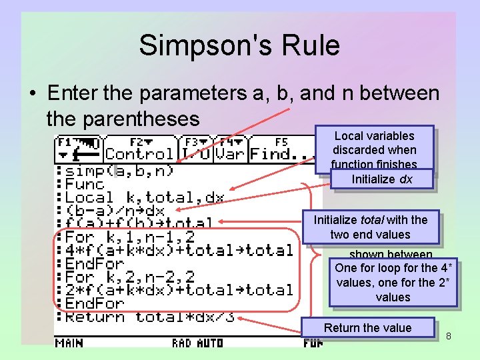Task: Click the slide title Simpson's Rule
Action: [x=239, y=45]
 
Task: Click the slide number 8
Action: [x=449, y=336]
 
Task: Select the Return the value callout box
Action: [x=368, y=327]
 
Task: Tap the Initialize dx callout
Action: [x=383, y=179]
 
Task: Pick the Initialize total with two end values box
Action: [x=371, y=227]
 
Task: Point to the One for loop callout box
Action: [x=393, y=283]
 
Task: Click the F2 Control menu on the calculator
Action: [x=139, y=149]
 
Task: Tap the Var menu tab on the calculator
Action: [x=230, y=149]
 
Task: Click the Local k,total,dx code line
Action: [x=144, y=197]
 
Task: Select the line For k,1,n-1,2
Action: [x=130, y=237]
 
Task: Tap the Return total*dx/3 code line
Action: [x=149, y=317]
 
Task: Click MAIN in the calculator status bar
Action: [x=69, y=343]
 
